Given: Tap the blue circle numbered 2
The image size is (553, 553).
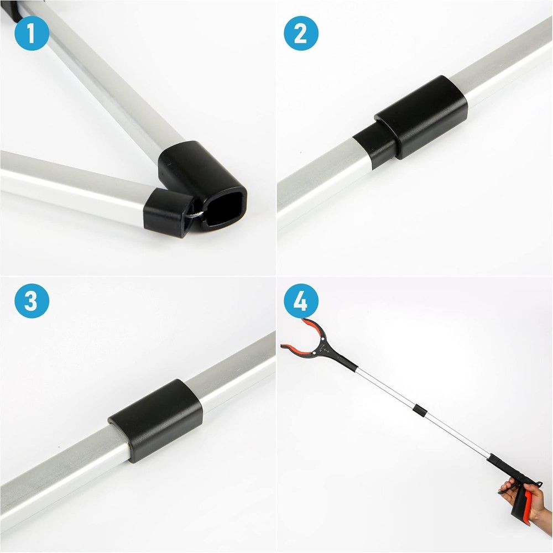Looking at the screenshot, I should [x=301, y=33].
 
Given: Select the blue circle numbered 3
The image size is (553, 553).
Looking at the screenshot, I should [x=32, y=301].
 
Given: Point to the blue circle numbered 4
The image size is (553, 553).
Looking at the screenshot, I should [x=301, y=301].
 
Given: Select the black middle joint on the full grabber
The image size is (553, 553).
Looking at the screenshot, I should [x=420, y=411].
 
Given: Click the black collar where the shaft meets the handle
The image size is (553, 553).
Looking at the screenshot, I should [x=494, y=460].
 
